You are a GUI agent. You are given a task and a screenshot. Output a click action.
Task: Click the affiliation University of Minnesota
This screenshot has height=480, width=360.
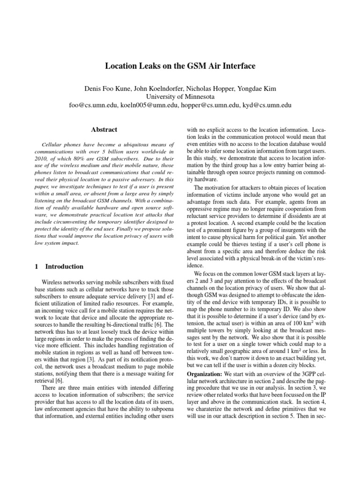pos(180,97)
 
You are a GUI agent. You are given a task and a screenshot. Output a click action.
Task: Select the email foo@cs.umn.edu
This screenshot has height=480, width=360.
pos(93,106)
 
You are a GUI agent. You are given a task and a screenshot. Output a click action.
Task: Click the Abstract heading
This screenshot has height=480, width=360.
pos(104,130)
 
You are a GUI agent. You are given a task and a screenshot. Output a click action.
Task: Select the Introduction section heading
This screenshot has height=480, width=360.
pos(64,266)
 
